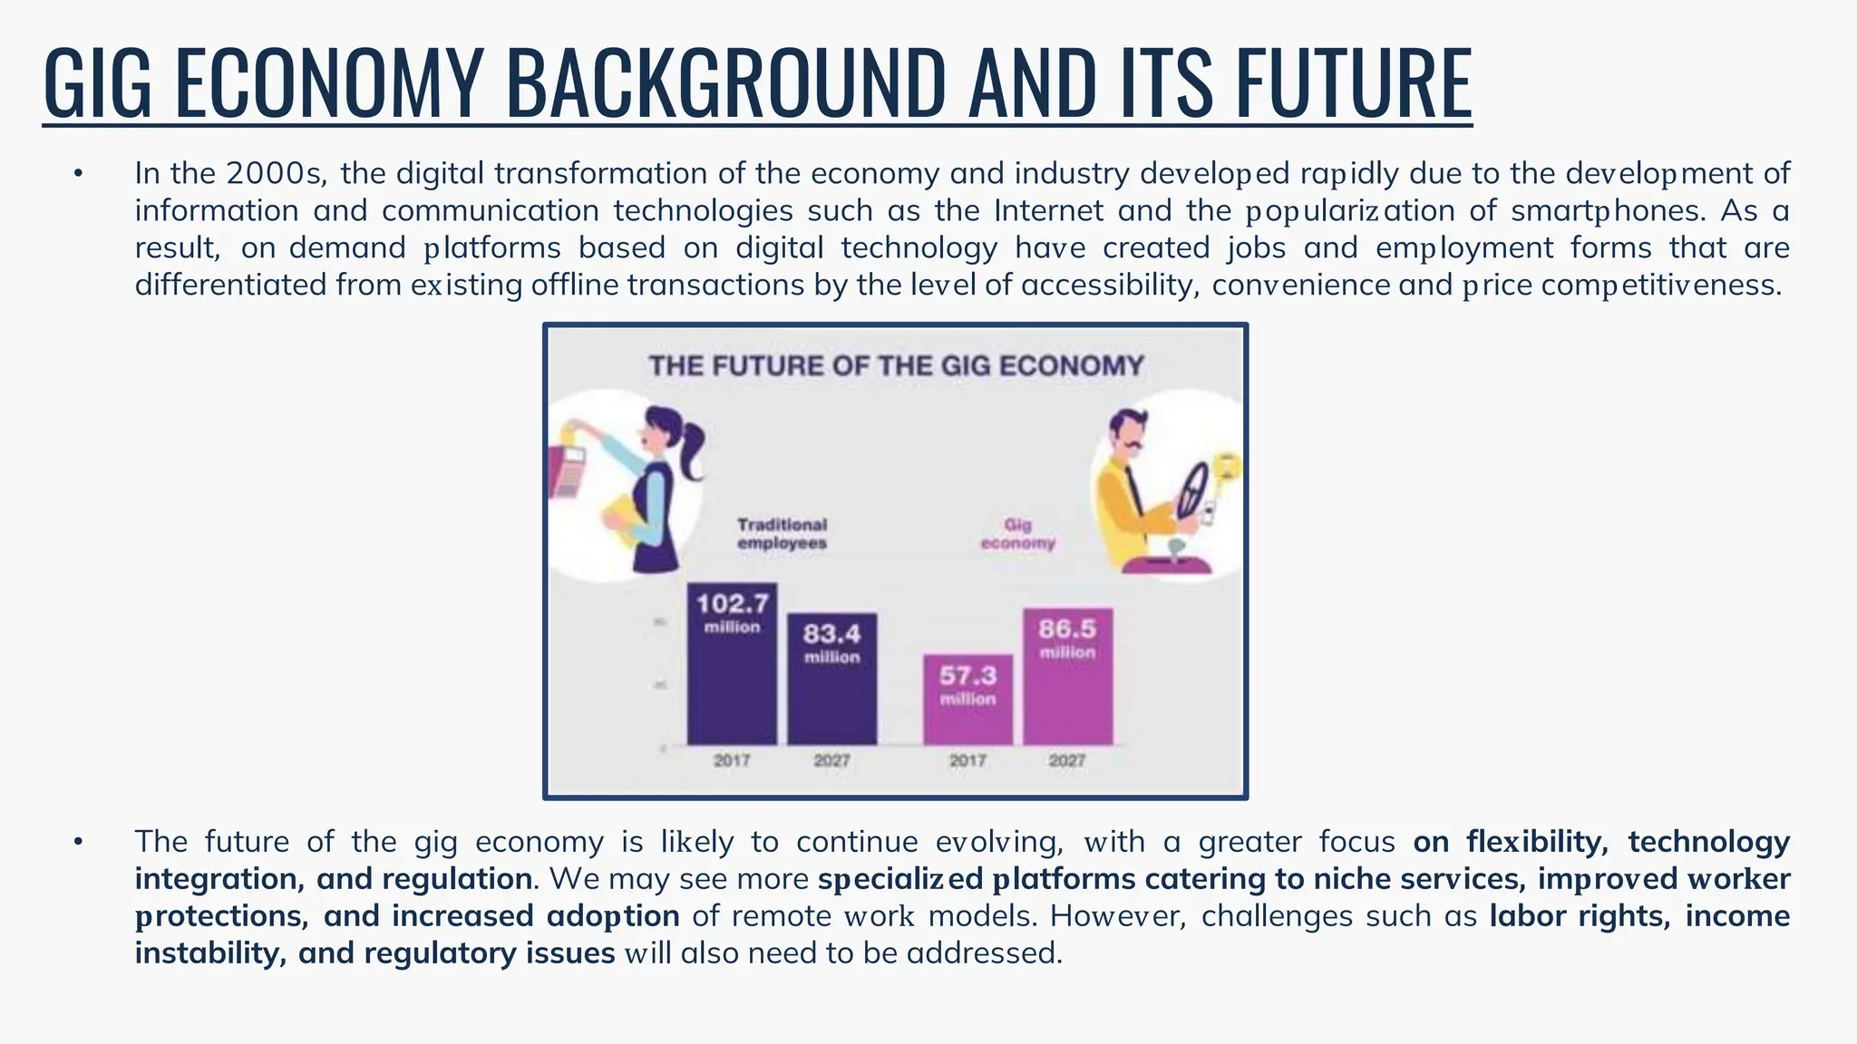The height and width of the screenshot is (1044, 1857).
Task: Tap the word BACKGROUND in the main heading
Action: click(x=725, y=83)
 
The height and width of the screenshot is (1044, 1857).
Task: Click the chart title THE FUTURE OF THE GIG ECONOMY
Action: click(x=896, y=366)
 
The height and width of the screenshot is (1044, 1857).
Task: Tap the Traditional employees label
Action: click(x=782, y=534)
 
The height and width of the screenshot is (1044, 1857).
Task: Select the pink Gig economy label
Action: click(x=1018, y=534)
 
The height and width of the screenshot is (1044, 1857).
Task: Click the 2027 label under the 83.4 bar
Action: click(x=831, y=760)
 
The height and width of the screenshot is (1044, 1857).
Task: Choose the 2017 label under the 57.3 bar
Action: click(x=967, y=760)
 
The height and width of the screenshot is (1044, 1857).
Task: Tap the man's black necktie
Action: click(x=1133, y=490)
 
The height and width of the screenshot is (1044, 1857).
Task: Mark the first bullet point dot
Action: click(x=79, y=173)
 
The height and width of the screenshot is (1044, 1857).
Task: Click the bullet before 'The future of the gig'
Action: click(x=79, y=842)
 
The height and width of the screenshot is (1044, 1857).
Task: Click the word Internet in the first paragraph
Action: click(x=1048, y=210)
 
